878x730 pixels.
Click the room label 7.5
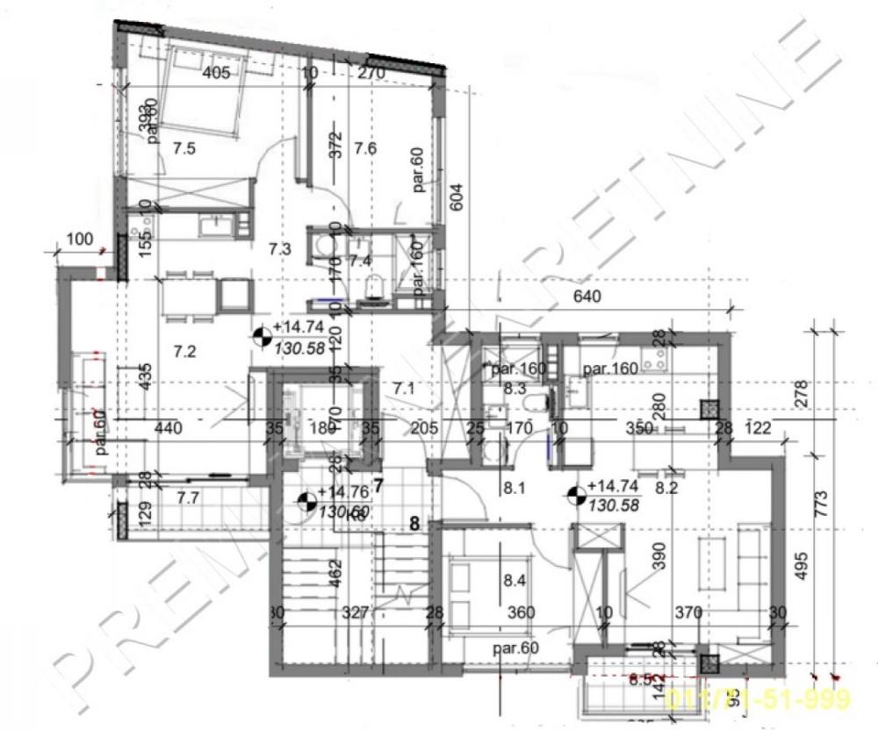click(x=184, y=148)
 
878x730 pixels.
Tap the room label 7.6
click(x=364, y=148)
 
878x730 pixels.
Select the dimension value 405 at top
click(x=215, y=74)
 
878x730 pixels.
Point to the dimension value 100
click(x=79, y=239)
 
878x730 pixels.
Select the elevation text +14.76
click(x=343, y=492)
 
